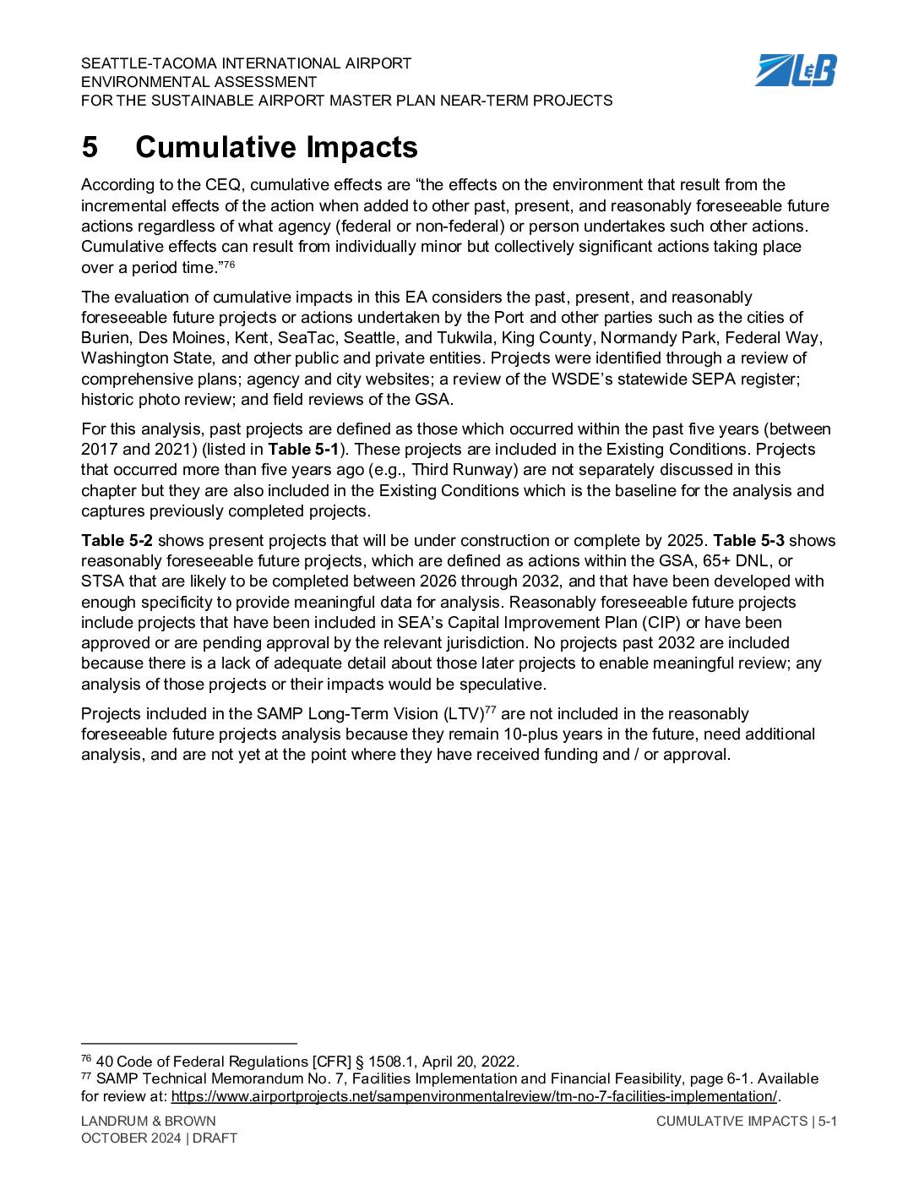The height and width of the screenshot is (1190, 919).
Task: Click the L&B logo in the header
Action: point(795,69)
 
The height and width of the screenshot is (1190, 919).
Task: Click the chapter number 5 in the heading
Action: point(90,148)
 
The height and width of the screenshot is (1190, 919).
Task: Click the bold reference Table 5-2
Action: point(117,541)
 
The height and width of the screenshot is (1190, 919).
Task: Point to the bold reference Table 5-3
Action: point(748,541)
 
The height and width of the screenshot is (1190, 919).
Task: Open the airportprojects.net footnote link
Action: point(473,1097)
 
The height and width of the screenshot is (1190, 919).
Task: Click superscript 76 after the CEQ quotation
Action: point(228,265)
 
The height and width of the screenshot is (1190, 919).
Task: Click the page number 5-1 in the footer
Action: point(827,1121)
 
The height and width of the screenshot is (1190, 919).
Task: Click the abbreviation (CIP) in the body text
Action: point(666,623)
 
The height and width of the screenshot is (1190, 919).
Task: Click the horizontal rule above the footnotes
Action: point(189,1044)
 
